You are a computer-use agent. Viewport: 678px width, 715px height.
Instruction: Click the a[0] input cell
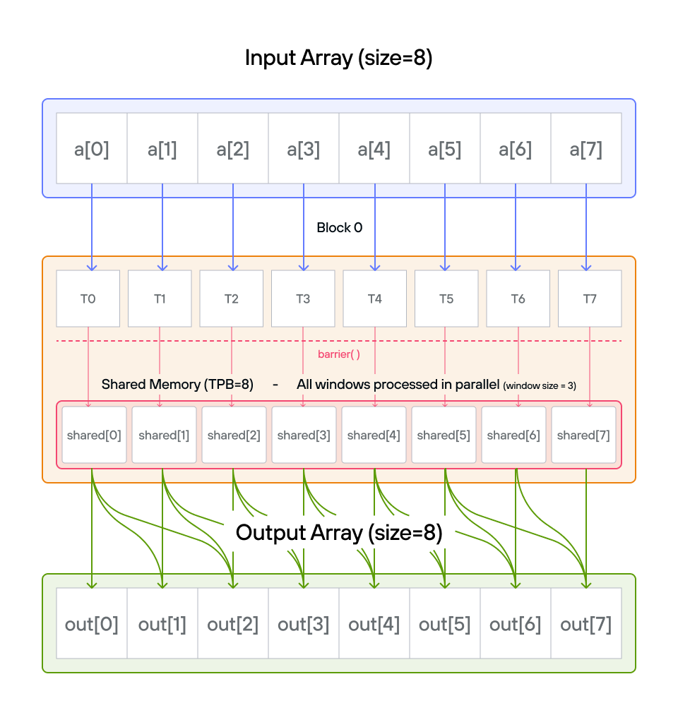point(92,148)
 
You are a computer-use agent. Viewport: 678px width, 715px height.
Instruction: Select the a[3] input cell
point(304,148)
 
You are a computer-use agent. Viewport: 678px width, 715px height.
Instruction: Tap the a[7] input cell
point(586,148)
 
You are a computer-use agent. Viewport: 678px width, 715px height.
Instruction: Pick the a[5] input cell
point(445,148)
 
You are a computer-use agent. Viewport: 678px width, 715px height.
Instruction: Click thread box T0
point(88,299)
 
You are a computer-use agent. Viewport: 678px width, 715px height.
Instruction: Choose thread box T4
point(374,299)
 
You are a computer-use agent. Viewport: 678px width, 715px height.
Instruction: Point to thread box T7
point(590,299)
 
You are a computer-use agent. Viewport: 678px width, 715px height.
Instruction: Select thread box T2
point(231,299)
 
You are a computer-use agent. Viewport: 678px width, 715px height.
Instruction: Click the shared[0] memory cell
point(94,435)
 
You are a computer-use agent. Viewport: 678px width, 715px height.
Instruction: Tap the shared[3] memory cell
point(304,435)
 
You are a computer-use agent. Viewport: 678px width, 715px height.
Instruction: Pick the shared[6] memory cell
point(513,435)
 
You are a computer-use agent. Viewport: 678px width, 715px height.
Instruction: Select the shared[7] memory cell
point(583,435)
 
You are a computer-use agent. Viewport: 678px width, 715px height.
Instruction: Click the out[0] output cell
point(92,623)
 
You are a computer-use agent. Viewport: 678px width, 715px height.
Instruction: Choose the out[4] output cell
point(374,623)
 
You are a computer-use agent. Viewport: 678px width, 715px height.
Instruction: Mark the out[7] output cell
point(586,623)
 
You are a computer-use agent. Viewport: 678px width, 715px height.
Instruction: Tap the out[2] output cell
point(233,623)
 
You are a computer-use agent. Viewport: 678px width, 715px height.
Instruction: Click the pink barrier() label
point(339,354)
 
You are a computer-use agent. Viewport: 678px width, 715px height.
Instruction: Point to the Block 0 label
point(339,227)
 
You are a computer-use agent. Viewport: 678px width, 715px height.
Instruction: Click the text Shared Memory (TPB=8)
point(177,385)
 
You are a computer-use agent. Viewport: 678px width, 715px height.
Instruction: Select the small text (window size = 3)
point(540,386)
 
